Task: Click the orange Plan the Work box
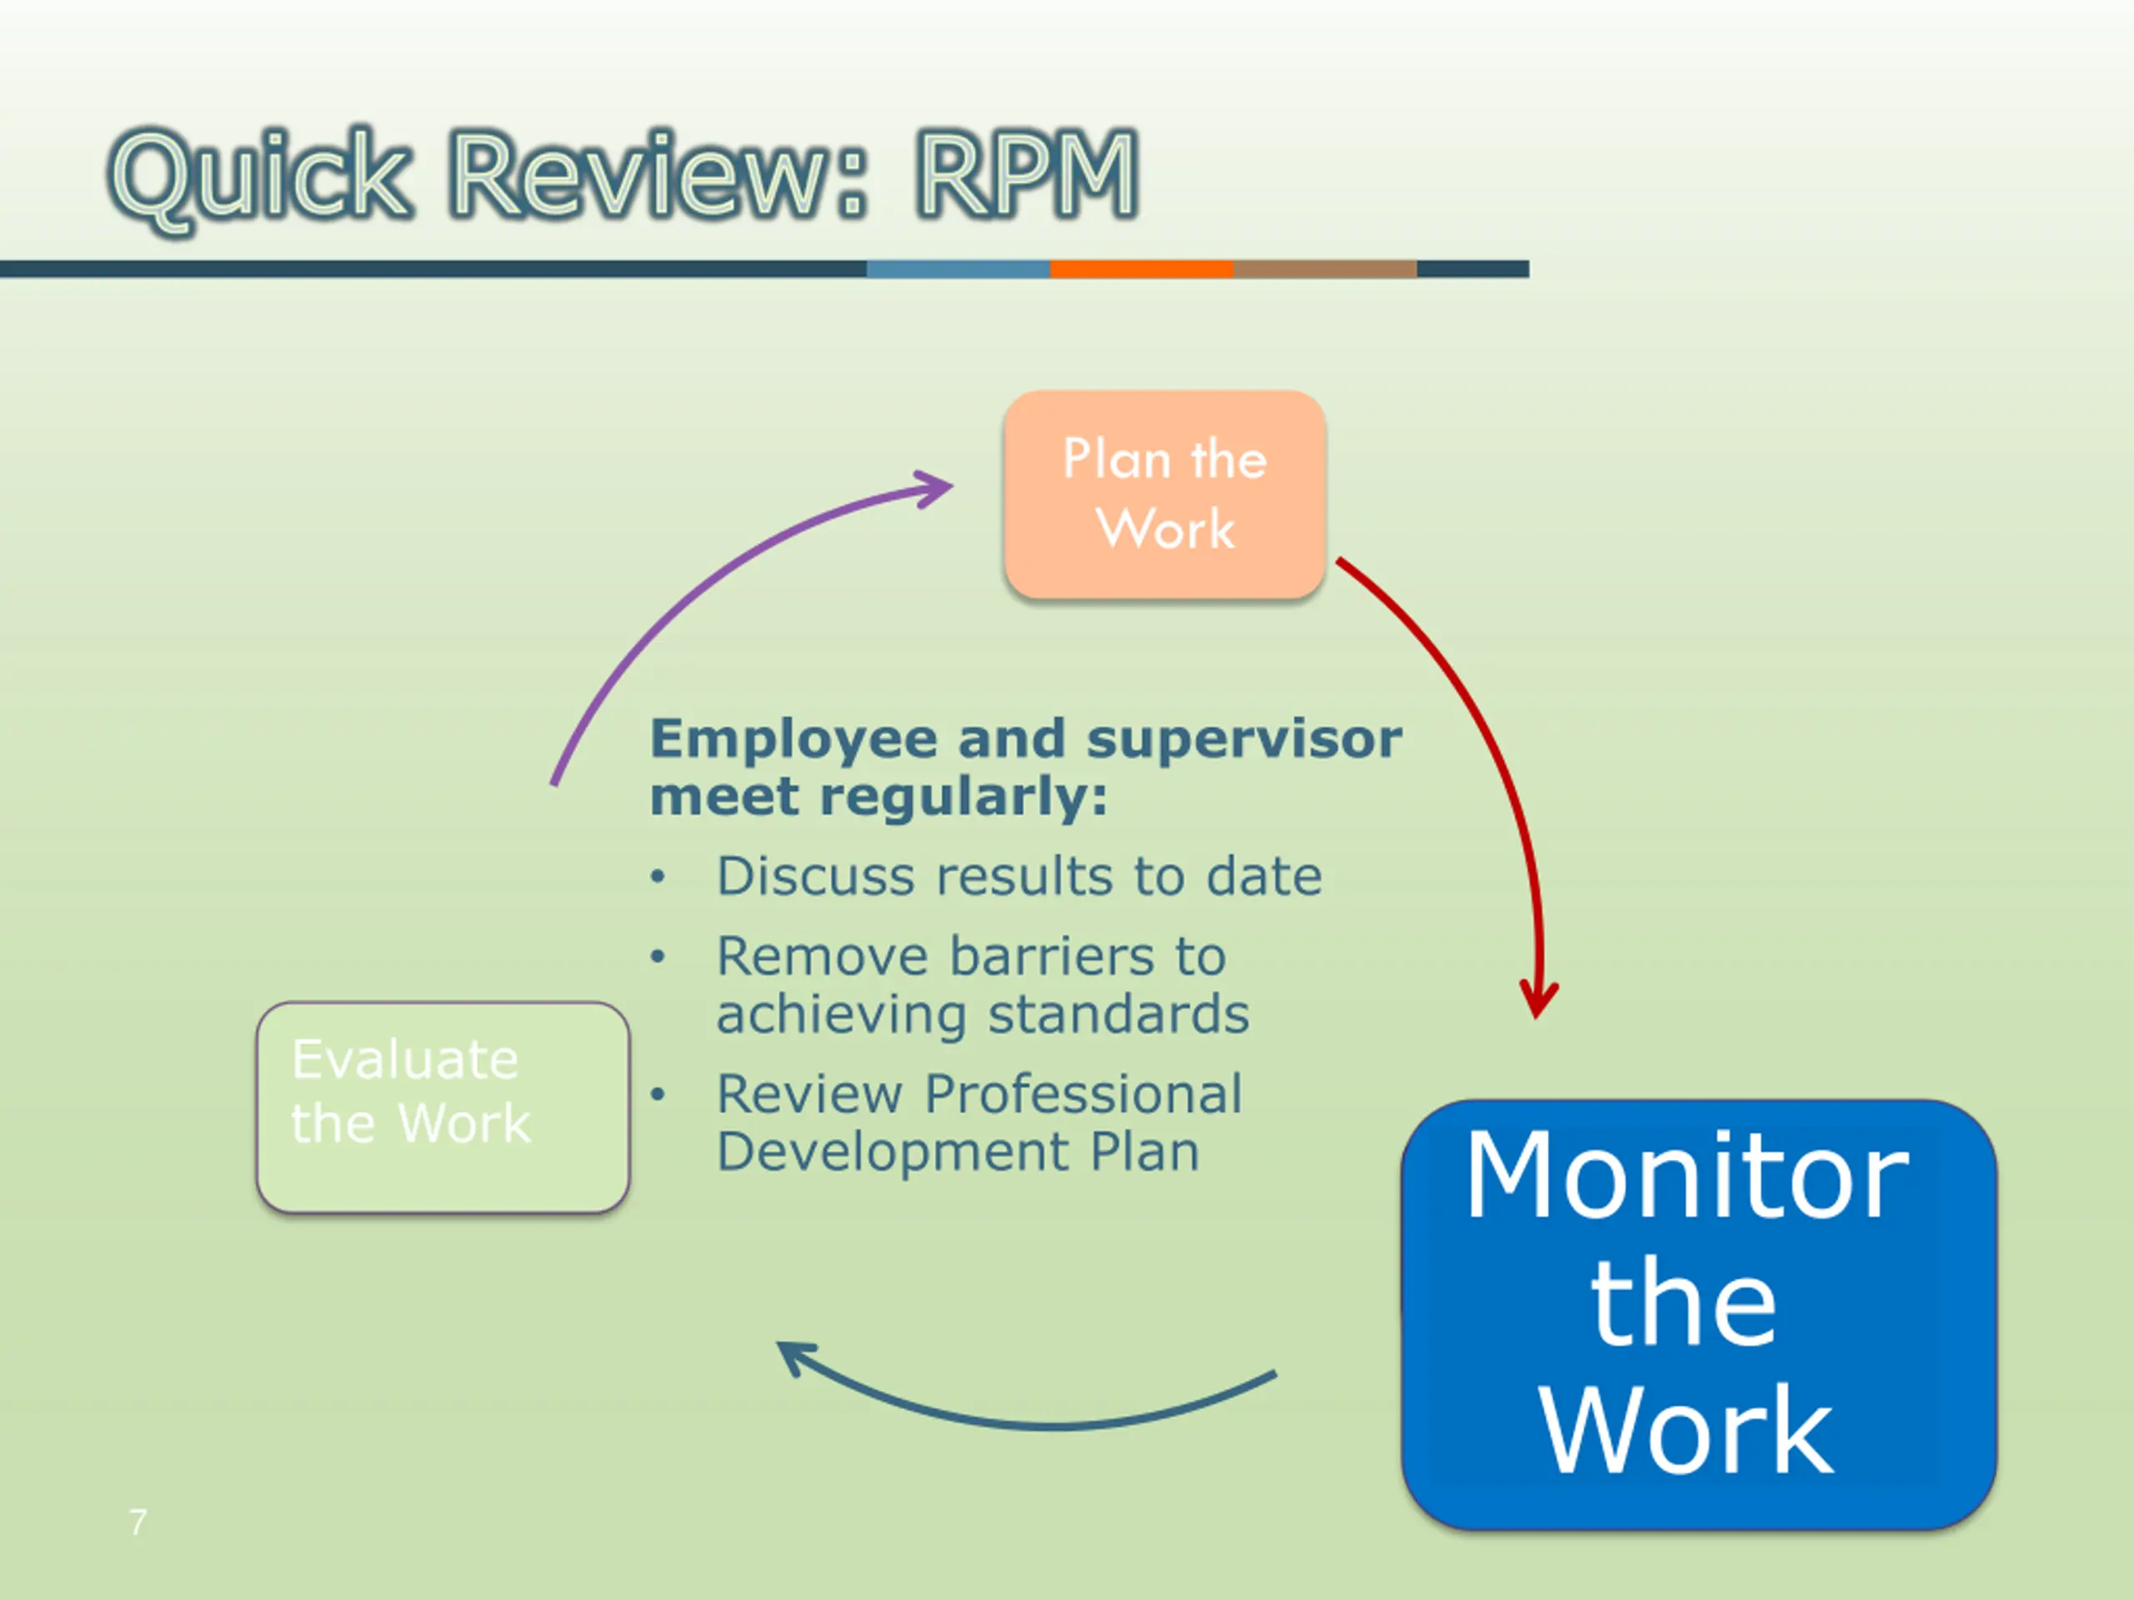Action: tap(1165, 494)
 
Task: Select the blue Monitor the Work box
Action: tap(1698, 1313)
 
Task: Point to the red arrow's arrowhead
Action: tap(1538, 1003)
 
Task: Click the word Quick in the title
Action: tap(260, 177)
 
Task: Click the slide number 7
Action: tap(138, 1522)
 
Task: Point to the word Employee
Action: tap(793, 741)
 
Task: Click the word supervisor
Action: tap(1244, 741)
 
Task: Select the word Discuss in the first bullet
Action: tap(815, 877)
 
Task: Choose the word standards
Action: tap(1118, 1015)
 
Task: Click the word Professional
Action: tap(1084, 1095)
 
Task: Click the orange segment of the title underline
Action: tap(1141, 269)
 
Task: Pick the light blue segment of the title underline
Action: tap(958, 269)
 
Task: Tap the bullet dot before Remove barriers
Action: tap(658, 957)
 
